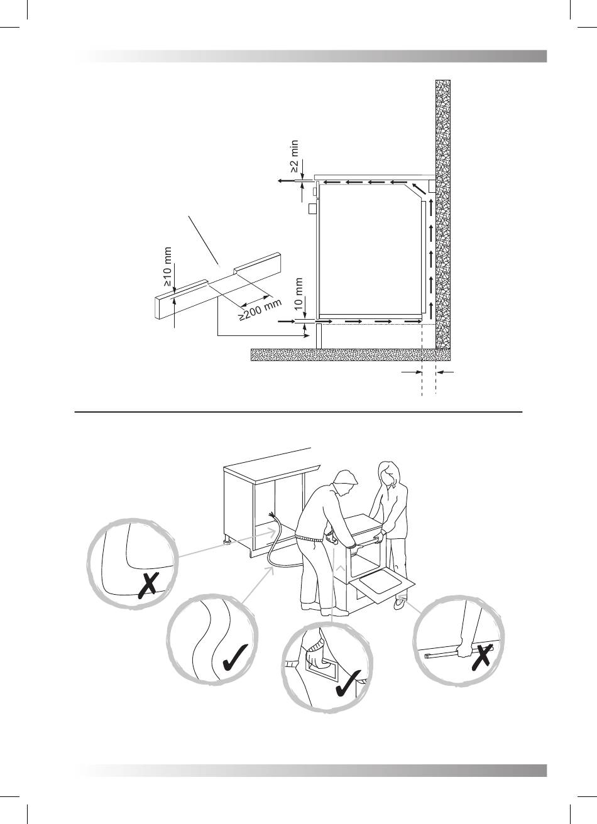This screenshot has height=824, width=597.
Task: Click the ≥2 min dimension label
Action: pyautogui.click(x=295, y=156)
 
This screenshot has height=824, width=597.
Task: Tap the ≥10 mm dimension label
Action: pyautogui.click(x=167, y=267)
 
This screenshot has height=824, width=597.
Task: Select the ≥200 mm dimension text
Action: pyautogui.click(x=261, y=310)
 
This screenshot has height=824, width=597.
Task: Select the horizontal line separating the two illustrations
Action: pyautogui.click(x=298, y=413)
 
